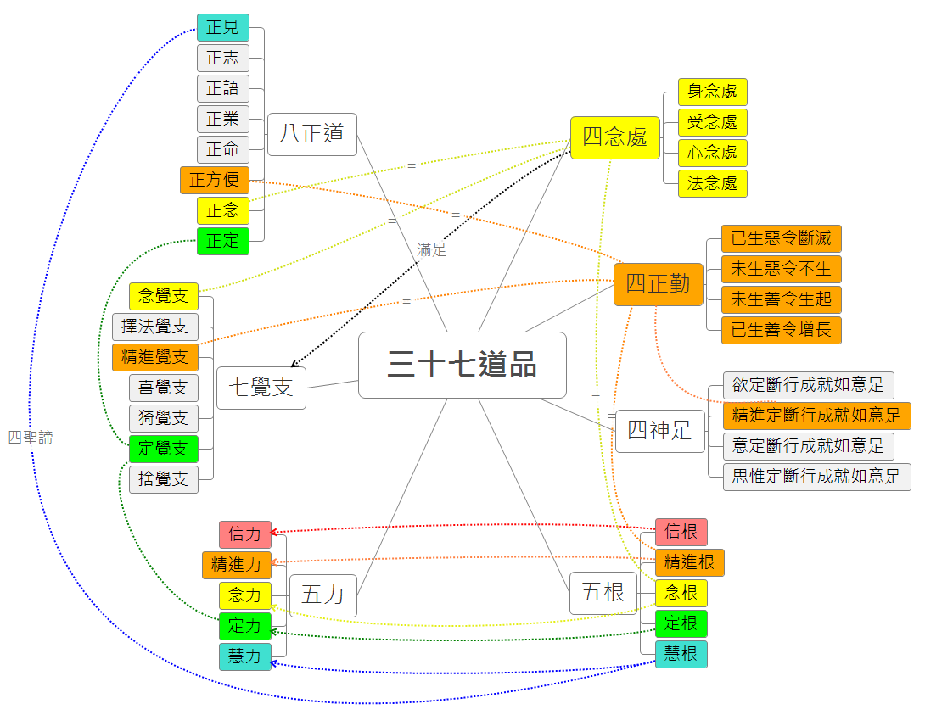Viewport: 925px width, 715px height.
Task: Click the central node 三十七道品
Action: [x=462, y=365]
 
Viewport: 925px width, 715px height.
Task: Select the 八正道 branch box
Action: [x=311, y=134]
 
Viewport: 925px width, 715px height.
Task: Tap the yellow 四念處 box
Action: [x=614, y=137]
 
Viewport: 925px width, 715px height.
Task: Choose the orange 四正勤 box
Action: [x=658, y=283]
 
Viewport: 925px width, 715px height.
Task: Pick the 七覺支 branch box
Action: [x=261, y=388]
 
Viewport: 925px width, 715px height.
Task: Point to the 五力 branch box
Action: [x=322, y=595]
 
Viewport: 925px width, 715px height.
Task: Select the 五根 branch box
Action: [x=603, y=592]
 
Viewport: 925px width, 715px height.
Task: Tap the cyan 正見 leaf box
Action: [x=222, y=28]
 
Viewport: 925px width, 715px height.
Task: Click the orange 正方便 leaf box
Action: [x=214, y=180]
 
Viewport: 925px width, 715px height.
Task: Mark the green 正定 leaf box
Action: [x=222, y=241]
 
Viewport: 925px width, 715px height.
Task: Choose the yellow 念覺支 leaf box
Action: [x=163, y=296]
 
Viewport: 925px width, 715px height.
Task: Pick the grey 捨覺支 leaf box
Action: [x=163, y=478]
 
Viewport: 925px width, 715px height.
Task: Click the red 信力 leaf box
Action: [x=244, y=534]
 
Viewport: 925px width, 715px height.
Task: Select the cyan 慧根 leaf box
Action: [x=681, y=654]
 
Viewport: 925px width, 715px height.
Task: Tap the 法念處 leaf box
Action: [x=712, y=183]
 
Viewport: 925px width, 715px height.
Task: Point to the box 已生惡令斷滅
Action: [x=781, y=238]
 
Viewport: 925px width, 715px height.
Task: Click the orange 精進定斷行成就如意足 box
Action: [x=816, y=416]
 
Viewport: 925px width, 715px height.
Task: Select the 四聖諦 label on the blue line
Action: [x=30, y=438]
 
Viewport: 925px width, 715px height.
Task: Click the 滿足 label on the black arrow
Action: [x=431, y=250]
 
